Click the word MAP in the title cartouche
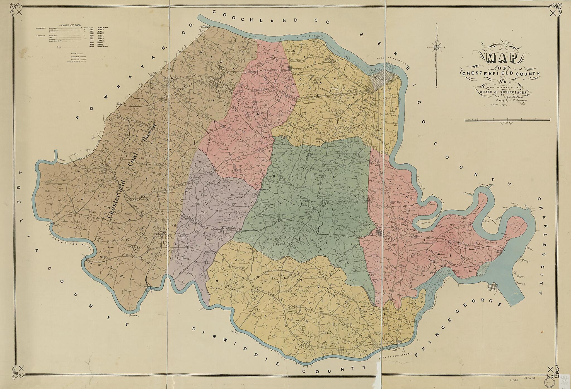point(502,58)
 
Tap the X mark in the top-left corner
point(19,12)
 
